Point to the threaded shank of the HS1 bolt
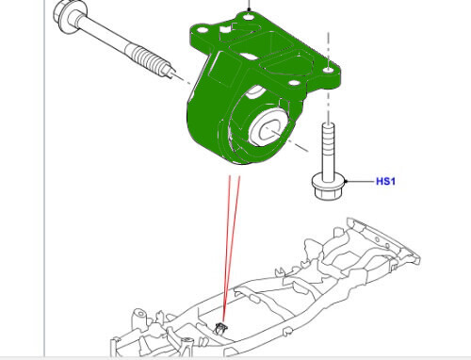coord(330,146)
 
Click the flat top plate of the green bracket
coord(283,47)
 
